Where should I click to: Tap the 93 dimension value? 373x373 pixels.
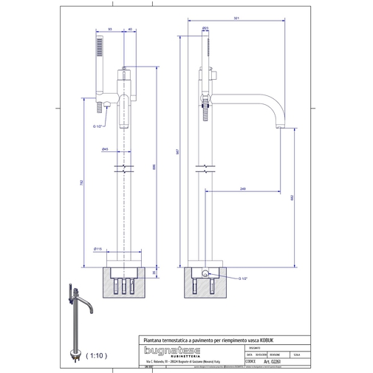[110, 29]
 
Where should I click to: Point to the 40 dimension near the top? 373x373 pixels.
[131, 29]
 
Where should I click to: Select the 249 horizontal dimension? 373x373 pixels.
[243, 190]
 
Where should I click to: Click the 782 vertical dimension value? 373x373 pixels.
[81, 182]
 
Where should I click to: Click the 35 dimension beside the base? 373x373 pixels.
[154, 272]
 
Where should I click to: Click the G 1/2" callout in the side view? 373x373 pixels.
[244, 278]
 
